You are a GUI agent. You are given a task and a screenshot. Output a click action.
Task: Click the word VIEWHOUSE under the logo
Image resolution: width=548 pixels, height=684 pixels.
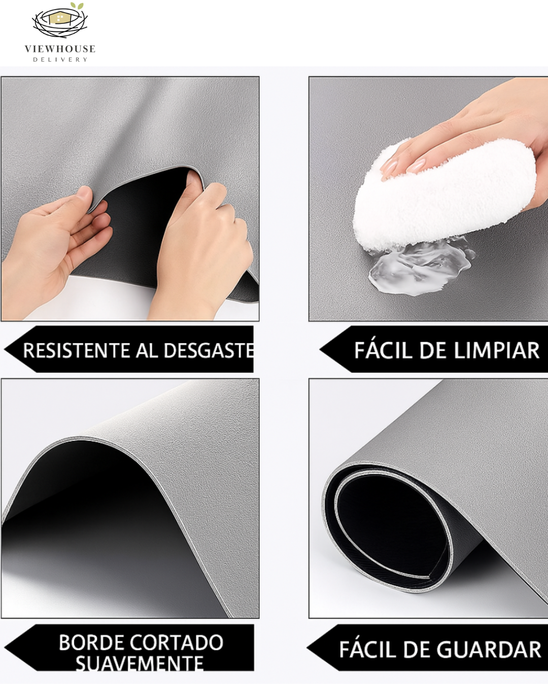coord(60,49)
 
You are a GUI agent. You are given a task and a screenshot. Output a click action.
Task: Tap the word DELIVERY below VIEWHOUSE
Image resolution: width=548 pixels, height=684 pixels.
coord(60,60)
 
